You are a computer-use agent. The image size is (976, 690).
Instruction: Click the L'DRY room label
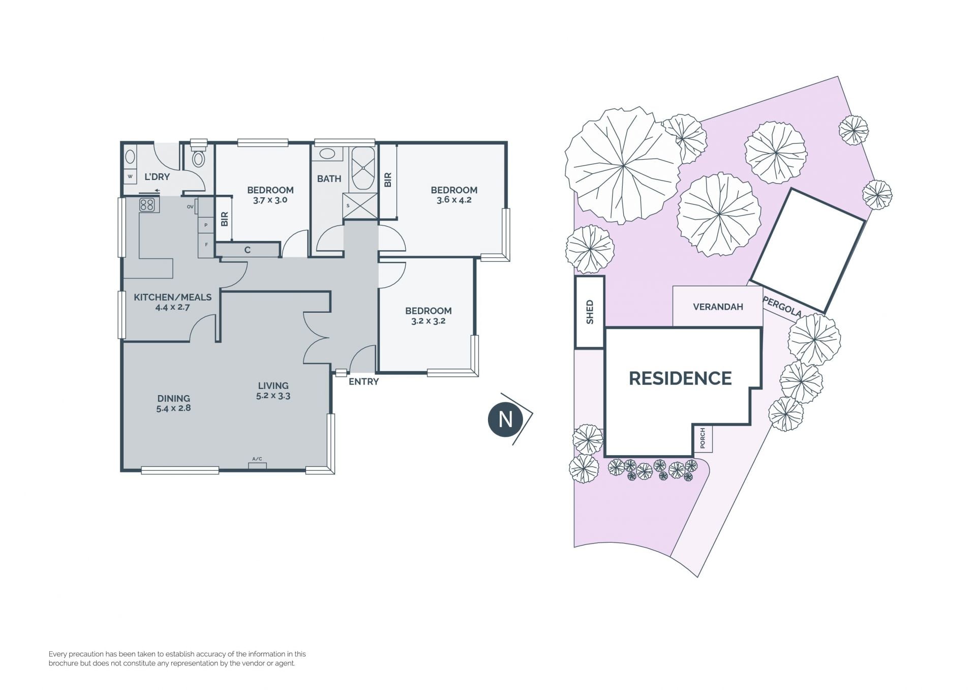click(x=157, y=177)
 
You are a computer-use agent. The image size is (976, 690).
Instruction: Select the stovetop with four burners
click(x=147, y=205)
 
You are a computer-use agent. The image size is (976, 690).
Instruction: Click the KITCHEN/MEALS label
click(x=172, y=297)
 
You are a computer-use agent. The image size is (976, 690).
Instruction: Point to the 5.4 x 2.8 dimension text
click(x=173, y=408)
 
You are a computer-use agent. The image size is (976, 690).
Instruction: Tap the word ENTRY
click(x=363, y=381)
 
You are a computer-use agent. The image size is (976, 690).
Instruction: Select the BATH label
click(x=329, y=178)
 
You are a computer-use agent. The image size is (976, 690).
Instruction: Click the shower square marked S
click(x=360, y=206)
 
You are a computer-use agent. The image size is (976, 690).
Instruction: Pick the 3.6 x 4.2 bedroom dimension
click(x=454, y=200)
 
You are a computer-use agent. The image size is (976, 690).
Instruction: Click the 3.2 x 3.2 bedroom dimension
click(x=428, y=321)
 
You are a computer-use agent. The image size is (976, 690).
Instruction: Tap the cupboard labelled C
click(x=248, y=250)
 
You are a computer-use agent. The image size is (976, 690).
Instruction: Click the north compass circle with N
click(x=505, y=419)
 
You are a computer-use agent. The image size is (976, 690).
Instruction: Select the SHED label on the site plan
click(x=590, y=312)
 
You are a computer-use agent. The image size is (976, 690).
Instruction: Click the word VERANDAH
click(x=718, y=307)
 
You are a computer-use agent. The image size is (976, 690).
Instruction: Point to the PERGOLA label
click(x=782, y=307)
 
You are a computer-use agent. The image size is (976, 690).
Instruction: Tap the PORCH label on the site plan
click(x=703, y=439)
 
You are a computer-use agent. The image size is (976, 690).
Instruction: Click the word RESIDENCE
click(x=680, y=378)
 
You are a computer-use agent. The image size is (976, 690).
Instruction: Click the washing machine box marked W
click(x=130, y=176)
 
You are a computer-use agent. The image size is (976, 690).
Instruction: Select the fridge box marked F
click(x=206, y=245)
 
